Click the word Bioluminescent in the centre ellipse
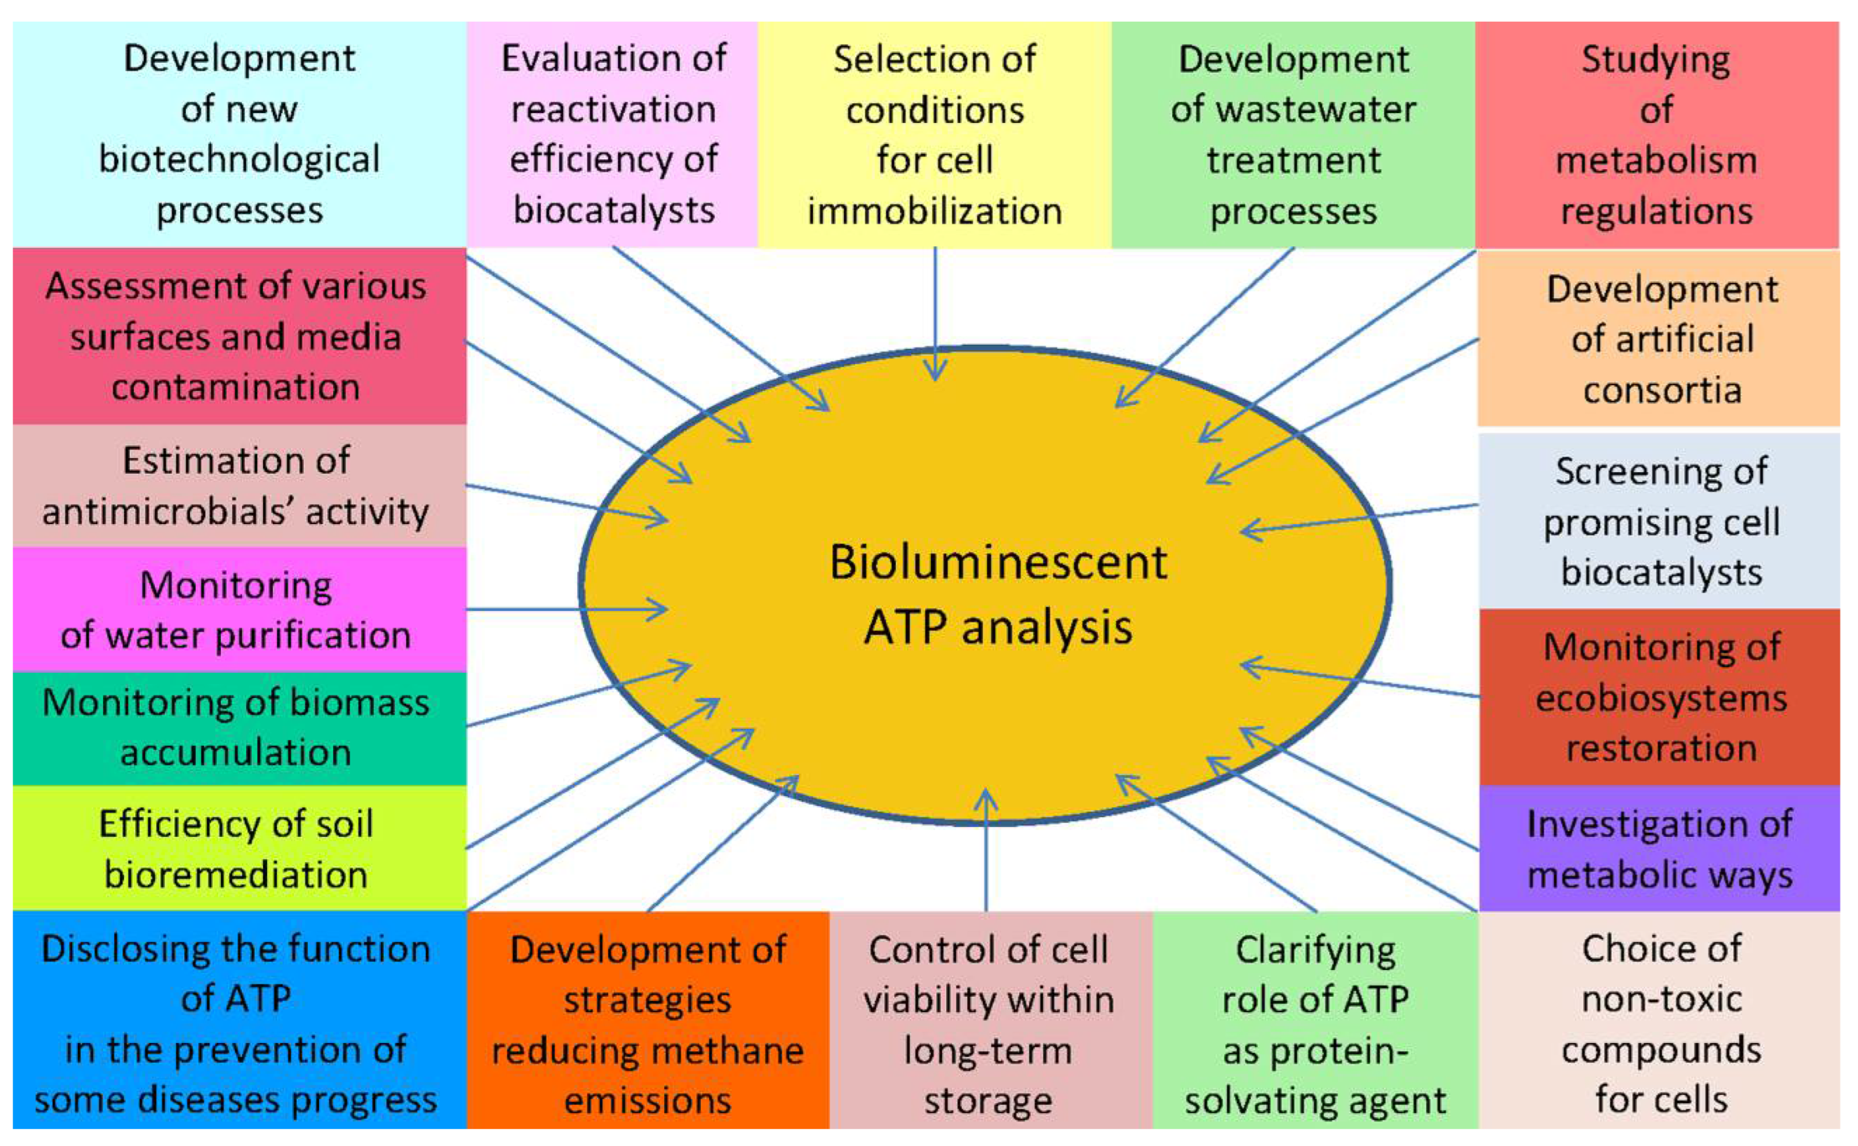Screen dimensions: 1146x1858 998,562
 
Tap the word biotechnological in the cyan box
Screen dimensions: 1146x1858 239,159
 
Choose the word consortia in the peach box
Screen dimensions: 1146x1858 1662,390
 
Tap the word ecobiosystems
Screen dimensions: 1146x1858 1661,698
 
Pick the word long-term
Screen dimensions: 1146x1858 987,1051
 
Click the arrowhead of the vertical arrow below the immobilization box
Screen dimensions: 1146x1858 935,372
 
